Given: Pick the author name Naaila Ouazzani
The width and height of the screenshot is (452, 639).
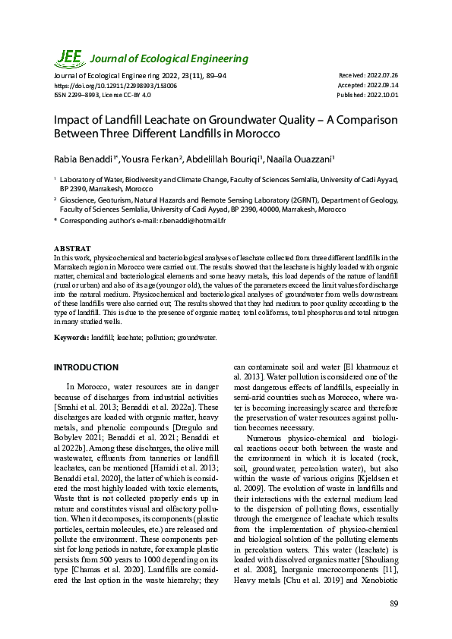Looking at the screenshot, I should (302, 159).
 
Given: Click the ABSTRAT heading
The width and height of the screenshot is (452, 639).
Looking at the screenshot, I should (72, 249).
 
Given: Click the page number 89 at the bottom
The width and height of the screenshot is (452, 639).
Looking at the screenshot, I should (394, 603).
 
